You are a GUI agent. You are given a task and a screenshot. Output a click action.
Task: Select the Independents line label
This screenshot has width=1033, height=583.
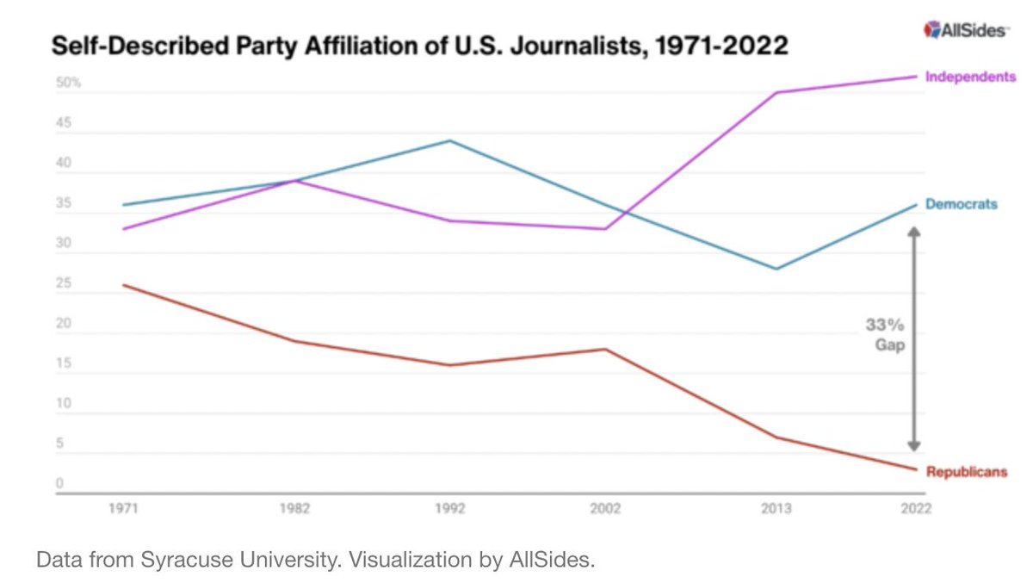point(970,77)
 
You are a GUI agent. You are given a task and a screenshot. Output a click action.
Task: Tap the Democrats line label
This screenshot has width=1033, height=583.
point(961,204)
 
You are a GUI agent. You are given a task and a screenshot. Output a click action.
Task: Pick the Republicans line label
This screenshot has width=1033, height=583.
point(966,472)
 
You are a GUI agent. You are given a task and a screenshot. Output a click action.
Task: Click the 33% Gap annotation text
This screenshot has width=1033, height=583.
point(885,333)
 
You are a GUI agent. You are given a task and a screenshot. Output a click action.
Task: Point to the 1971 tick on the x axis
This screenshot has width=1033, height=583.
point(123,509)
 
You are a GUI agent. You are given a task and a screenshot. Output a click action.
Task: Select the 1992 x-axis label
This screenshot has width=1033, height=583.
point(450,509)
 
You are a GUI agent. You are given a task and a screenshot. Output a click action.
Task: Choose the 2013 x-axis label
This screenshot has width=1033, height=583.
point(777,509)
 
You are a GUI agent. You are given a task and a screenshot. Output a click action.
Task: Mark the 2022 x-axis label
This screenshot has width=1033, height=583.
point(915,509)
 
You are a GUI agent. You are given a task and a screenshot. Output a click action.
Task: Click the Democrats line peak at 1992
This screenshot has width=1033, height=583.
point(450,140)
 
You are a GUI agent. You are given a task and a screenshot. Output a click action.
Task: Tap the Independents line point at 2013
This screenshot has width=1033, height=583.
point(777,92)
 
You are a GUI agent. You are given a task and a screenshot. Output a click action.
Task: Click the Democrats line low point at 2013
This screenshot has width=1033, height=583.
point(777,269)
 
